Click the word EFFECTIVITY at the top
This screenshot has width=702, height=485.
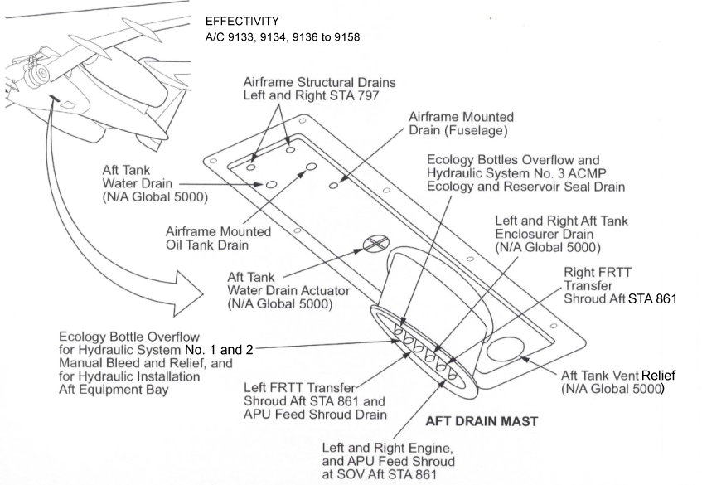242,21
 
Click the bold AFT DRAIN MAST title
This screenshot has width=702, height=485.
482,421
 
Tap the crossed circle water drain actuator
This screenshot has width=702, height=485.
376,244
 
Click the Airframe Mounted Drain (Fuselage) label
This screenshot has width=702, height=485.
461,124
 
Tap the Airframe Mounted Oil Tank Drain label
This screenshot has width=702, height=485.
219,238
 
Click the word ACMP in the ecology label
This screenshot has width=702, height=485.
588,173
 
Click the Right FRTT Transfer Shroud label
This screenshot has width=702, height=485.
620,285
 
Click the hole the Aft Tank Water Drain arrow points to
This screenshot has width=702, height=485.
271,185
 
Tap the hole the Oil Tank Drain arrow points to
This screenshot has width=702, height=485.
311,167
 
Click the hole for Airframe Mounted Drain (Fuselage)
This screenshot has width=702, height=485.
333,185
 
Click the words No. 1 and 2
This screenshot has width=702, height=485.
219,350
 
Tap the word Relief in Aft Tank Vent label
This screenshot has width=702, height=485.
659,376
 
